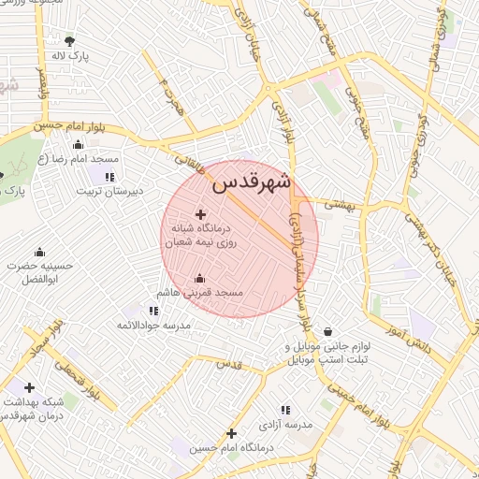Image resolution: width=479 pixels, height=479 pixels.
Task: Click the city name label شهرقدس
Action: pyautogui.click(x=252, y=182)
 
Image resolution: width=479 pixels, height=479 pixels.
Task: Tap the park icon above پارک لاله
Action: pyautogui.click(x=69, y=40)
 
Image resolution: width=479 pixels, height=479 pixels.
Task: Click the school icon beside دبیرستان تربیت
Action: pyautogui.click(x=109, y=176)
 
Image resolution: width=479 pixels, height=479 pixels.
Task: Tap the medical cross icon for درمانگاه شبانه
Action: pyautogui.click(x=200, y=215)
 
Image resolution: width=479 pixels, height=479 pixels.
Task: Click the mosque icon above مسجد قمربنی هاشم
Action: pyautogui.click(x=200, y=278)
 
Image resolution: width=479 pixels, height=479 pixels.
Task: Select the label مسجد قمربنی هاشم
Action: pyautogui.click(x=202, y=294)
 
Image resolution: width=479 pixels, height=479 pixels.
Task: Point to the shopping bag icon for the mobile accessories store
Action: pyautogui.click(x=327, y=330)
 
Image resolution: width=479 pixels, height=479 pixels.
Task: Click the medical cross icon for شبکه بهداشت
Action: pyautogui.click(x=29, y=387)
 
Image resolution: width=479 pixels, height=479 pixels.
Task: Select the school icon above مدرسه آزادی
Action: pyautogui.click(x=285, y=409)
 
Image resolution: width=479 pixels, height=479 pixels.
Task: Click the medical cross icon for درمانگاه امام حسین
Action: pyautogui.click(x=231, y=433)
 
